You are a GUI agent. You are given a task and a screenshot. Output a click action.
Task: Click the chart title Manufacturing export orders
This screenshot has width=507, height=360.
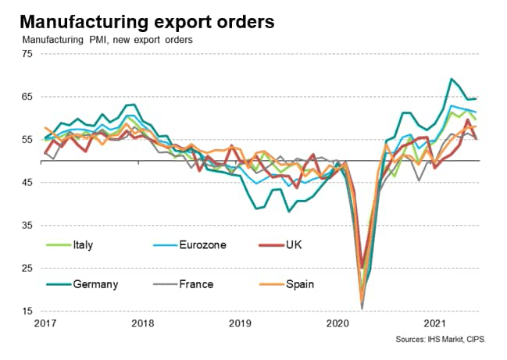pyautogui.click(x=148, y=21)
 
